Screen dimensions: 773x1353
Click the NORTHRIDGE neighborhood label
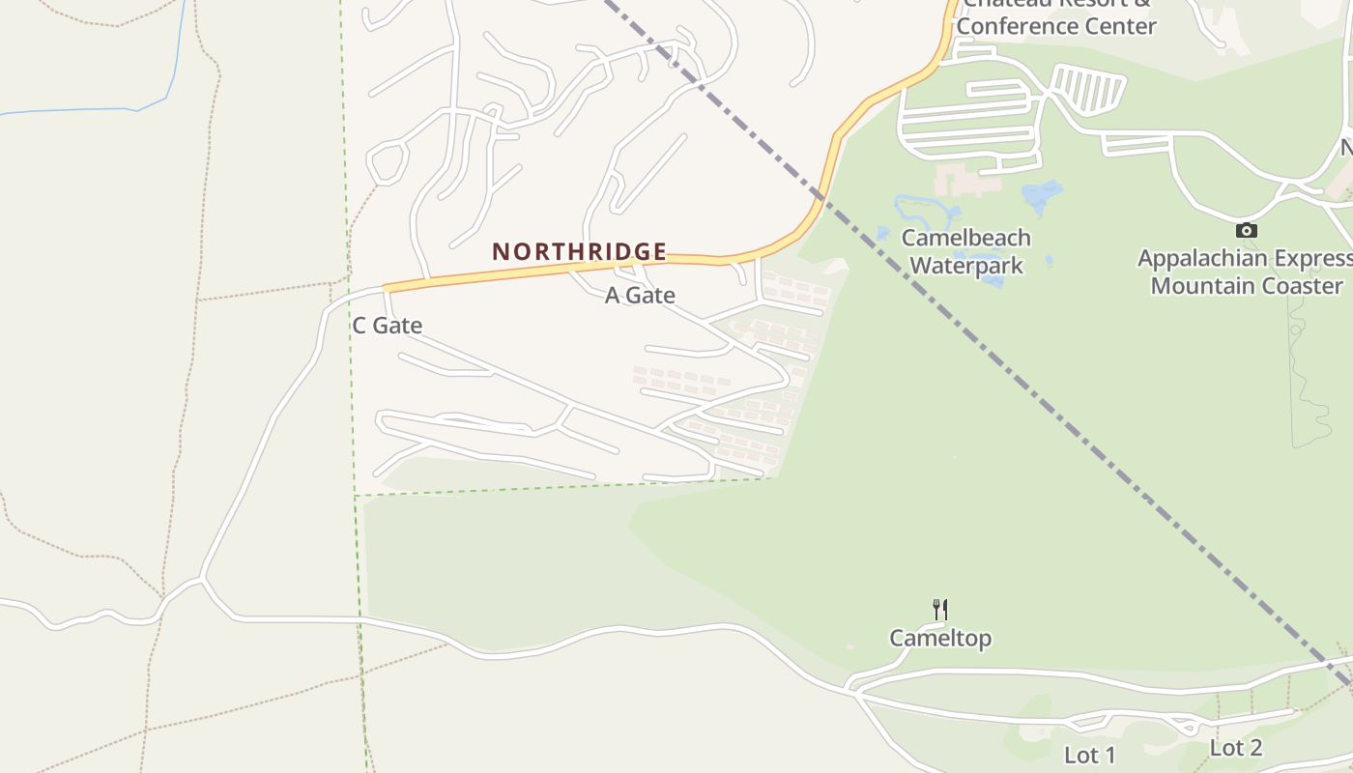coord(579,252)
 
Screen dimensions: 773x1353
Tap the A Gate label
coord(640,296)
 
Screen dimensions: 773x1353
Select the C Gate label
coord(387,326)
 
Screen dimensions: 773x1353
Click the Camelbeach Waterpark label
coord(965,251)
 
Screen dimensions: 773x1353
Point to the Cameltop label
coord(940,639)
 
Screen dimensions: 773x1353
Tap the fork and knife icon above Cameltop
coord(939,609)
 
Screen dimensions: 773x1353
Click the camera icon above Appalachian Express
coord(1247,230)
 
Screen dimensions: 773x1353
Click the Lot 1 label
coord(1090,755)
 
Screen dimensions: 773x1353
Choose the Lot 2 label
coord(1236,748)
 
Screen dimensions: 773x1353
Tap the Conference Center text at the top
coord(1056,26)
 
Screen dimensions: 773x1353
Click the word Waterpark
coord(966,265)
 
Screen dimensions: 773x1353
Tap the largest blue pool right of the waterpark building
coord(1042,197)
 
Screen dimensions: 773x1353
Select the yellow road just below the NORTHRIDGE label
coord(580,269)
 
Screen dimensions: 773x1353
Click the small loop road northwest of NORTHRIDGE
coord(387,161)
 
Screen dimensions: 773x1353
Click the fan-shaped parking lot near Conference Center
coord(1088,89)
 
